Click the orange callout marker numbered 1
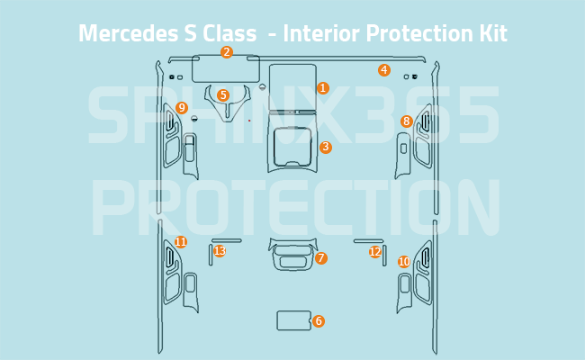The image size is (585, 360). (x=323, y=88)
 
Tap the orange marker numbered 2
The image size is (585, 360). (x=227, y=52)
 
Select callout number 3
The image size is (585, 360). (x=326, y=148)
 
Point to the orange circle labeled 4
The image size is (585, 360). (x=384, y=70)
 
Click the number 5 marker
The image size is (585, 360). (x=223, y=95)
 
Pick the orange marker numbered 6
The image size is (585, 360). (x=319, y=321)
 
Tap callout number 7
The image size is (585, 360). (x=321, y=258)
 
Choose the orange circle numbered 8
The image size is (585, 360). (x=407, y=121)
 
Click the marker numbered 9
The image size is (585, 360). (x=182, y=108)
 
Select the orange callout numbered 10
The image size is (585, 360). (x=404, y=262)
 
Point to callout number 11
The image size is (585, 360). (x=181, y=242)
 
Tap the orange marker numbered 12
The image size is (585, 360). (x=374, y=252)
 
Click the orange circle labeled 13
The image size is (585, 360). (x=220, y=251)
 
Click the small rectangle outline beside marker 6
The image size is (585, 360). (x=293, y=320)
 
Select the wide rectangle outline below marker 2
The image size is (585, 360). (x=226, y=69)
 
